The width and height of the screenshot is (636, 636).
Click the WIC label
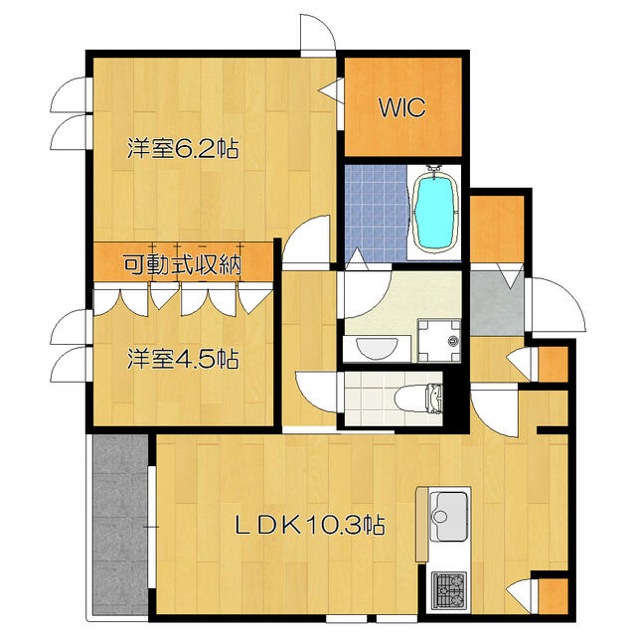402,107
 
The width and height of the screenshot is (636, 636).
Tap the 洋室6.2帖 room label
183,148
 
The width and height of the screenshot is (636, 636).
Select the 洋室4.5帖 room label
183,359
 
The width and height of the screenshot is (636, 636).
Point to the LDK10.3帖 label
310,525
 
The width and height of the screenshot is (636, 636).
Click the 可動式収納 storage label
183,265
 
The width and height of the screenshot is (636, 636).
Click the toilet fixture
418,398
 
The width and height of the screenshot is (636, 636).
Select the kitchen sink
448,516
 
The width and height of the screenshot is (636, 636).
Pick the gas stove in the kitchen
448,591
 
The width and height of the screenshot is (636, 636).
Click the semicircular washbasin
377,348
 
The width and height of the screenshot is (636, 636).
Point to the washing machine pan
439,341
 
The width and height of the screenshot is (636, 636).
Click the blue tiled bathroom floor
376,213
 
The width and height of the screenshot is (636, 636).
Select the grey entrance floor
497,303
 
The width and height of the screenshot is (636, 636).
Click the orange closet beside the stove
554,596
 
